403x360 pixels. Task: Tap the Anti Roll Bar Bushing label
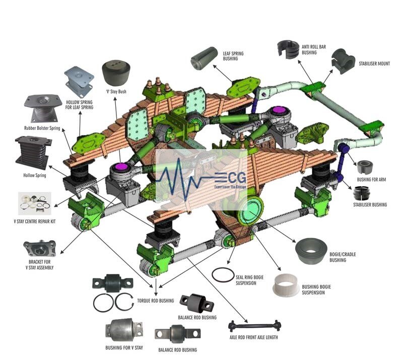click(x=313, y=50)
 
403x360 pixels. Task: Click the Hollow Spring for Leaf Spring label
click(x=80, y=104)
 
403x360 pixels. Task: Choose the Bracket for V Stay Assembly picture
click(x=39, y=249)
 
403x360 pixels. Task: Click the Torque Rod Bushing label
click(x=155, y=301)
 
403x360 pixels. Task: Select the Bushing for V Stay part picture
click(x=123, y=330)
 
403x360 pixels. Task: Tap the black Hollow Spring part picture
click(x=34, y=152)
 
